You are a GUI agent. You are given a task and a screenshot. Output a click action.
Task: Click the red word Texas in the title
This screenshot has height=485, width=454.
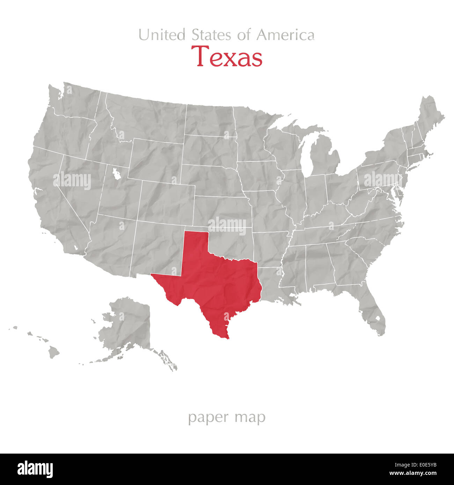pyautogui.click(x=227, y=57)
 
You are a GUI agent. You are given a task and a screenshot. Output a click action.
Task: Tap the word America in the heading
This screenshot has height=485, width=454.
pyautogui.click(x=285, y=35)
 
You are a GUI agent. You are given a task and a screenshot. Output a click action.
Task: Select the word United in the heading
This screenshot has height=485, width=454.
pyautogui.click(x=162, y=35)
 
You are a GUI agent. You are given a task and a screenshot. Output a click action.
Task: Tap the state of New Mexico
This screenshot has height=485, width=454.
pyautogui.click(x=157, y=248)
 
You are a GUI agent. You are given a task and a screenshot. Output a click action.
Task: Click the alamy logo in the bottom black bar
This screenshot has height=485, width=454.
pyautogui.click(x=35, y=469)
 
